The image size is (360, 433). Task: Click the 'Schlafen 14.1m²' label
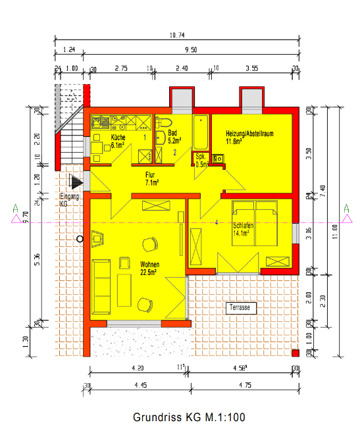pyautogui.click(x=243, y=229)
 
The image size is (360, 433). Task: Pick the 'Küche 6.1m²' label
pyautogui.click(x=118, y=140)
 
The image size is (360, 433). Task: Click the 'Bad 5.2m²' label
pyautogui.click(x=174, y=136)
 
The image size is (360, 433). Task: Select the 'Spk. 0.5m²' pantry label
pyautogui.click(x=201, y=161)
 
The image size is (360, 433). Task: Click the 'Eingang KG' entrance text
pyautogui.click(x=69, y=200)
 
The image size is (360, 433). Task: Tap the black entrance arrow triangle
pyautogui.click(x=78, y=182)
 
